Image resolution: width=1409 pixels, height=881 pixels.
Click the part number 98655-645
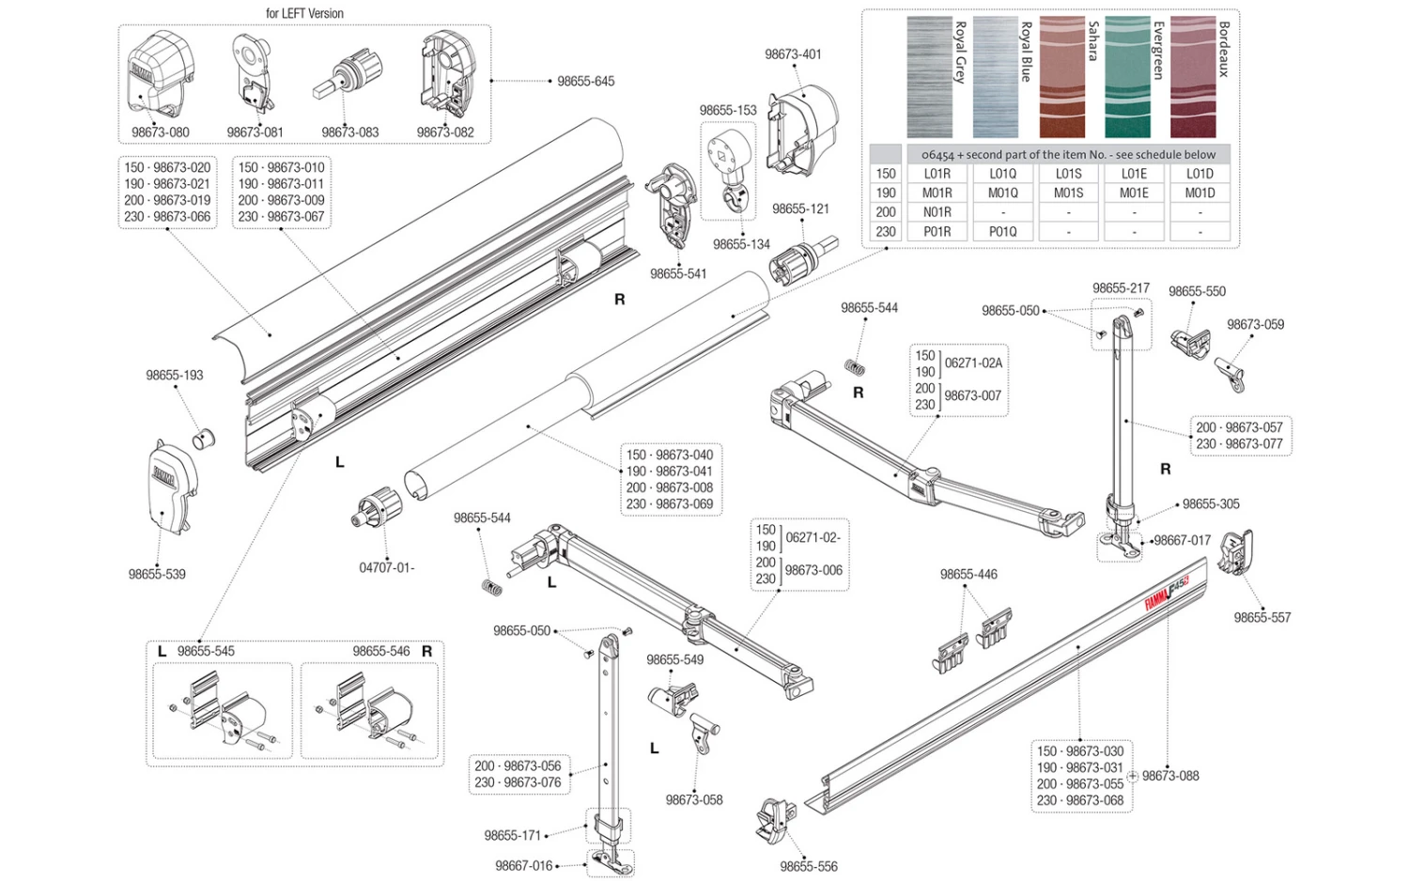[x=585, y=82]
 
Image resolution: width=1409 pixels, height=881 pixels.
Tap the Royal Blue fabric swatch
[x=996, y=77]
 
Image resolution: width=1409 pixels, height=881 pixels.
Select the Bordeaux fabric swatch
[x=1193, y=77]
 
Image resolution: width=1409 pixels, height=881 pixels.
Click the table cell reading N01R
[x=937, y=212]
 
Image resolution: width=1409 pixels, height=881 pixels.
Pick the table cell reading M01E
[x=1134, y=193]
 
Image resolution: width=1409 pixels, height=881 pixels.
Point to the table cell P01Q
[x=1002, y=231]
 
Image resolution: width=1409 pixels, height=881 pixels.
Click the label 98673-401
[x=793, y=54]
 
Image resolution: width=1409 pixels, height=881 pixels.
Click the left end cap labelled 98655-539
[x=173, y=487]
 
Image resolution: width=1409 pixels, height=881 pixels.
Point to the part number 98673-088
[x=1170, y=776]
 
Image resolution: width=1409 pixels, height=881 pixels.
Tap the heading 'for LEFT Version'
[x=304, y=13]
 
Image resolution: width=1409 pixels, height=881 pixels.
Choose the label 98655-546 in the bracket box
[x=381, y=651]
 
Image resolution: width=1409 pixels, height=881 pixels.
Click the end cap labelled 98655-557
[x=1236, y=553]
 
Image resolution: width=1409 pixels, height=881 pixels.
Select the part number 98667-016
[x=524, y=866]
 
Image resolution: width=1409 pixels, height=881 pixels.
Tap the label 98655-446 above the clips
[x=968, y=574]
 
